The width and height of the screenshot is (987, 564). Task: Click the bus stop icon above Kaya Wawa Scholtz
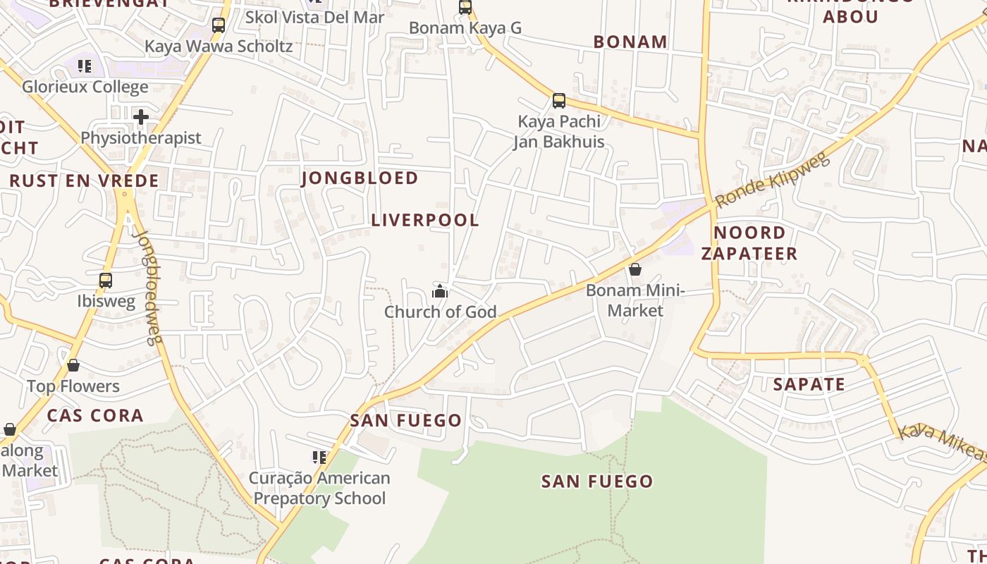[219, 25]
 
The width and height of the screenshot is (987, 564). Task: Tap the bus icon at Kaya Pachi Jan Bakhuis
[559, 101]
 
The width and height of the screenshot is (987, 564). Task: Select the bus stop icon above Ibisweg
[106, 281]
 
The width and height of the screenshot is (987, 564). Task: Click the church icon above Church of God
[440, 291]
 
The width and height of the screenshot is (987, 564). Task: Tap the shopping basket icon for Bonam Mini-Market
[635, 269]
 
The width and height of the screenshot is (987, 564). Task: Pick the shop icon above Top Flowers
[73, 365]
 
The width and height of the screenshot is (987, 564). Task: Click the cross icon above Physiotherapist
[141, 116]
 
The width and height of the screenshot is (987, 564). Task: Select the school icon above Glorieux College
[85, 66]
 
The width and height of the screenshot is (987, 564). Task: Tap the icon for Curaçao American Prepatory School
[319, 458]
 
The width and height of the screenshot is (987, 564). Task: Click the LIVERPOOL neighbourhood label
[425, 220]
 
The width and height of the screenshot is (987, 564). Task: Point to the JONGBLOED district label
[360, 178]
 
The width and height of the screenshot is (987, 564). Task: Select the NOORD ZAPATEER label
[749, 243]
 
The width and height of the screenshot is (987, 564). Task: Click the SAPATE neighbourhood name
[809, 384]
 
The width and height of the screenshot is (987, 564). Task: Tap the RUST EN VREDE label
[84, 180]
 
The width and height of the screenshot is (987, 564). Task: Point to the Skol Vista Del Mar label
[314, 17]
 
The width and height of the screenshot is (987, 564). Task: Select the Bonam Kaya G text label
[465, 28]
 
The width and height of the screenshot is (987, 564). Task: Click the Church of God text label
[440, 312]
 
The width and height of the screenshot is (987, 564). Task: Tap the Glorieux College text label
[85, 87]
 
